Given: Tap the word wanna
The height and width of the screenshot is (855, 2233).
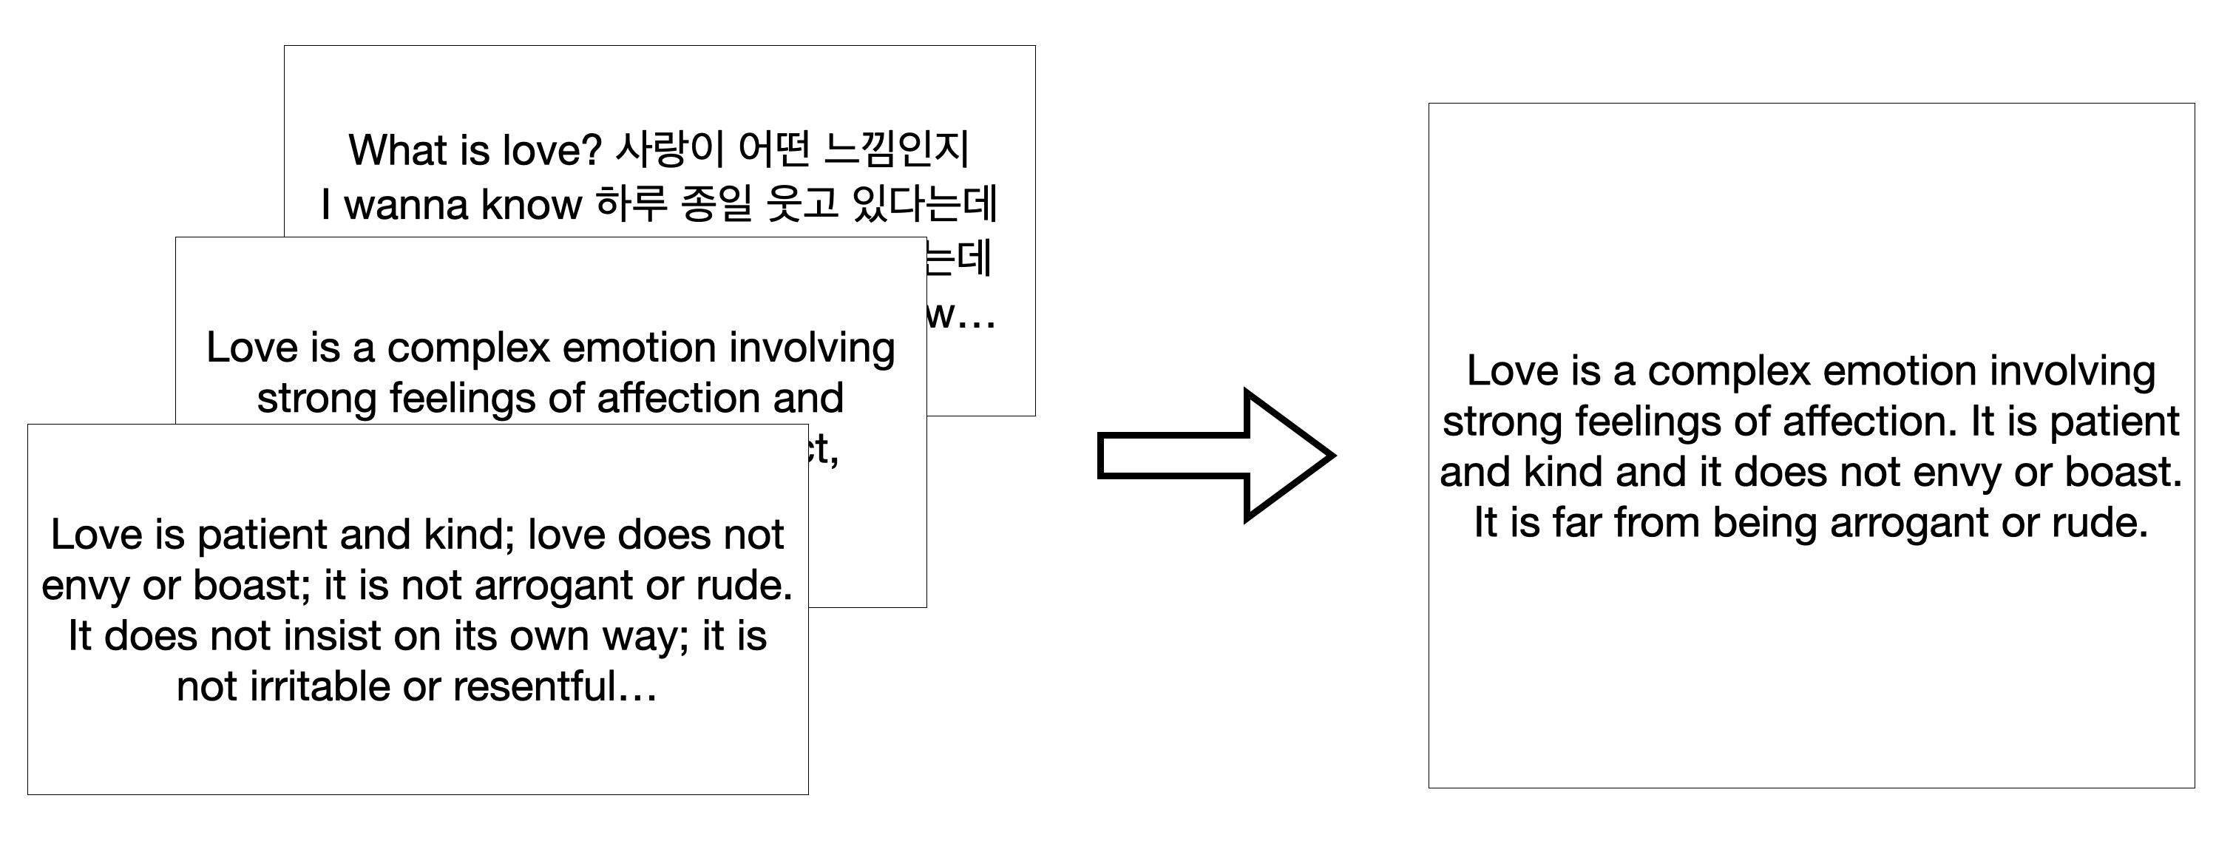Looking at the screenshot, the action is (407, 205).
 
